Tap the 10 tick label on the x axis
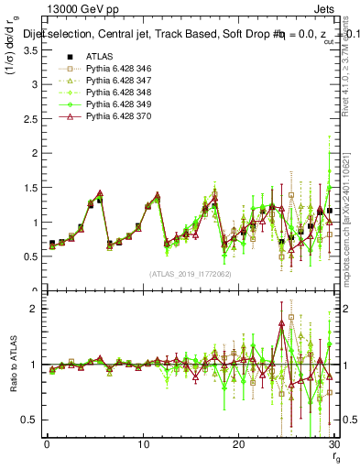click(142, 443)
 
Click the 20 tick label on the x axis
click(238, 443)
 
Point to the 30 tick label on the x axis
click(333, 443)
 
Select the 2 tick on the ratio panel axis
click(34, 309)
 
